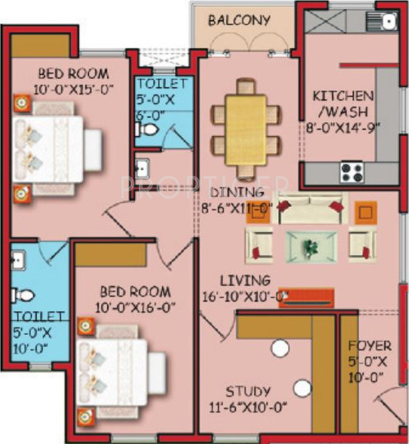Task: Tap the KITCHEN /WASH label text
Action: [343, 103]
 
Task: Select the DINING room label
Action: [237, 192]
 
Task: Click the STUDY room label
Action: [248, 391]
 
